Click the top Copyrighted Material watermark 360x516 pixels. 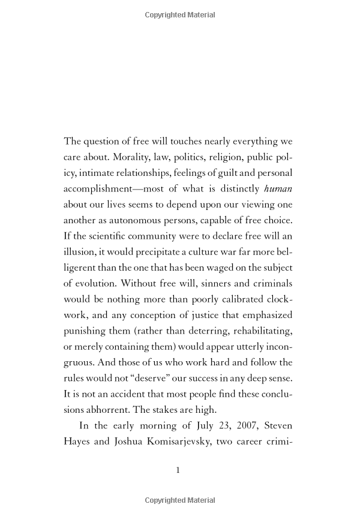tap(180, 15)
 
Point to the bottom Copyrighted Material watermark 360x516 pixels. tap(180, 501)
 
